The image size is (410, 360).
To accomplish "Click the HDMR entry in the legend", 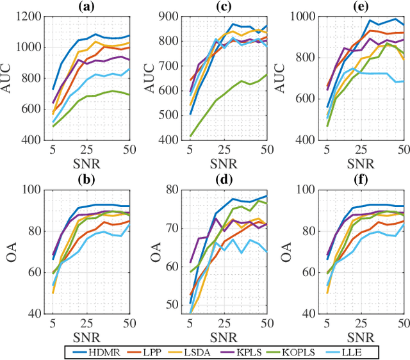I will pyautogui.click(x=108, y=351).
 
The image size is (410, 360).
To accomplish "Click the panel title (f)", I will pyautogui.click(x=359, y=179).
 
